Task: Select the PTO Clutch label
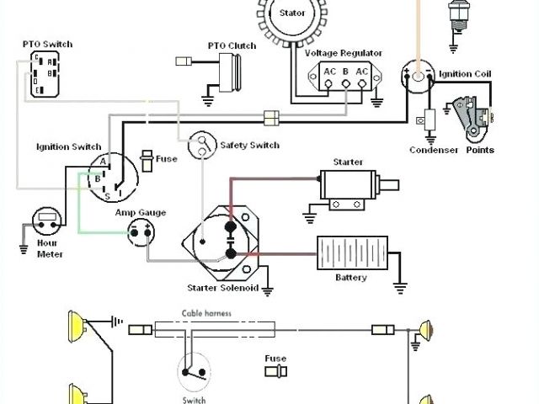pyautogui.click(x=232, y=45)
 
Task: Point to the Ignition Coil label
pyautogui.click(x=465, y=74)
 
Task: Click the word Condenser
pyautogui.click(x=434, y=150)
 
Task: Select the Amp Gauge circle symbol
pyautogui.click(x=141, y=232)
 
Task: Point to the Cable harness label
pyautogui.click(x=207, y=313)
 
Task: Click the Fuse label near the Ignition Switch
pyautogui.click(x=167, y=159)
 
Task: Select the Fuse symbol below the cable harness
pyautogui.click(x=275, y=372)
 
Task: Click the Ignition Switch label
pyautogui.click(x=70, y=146)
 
